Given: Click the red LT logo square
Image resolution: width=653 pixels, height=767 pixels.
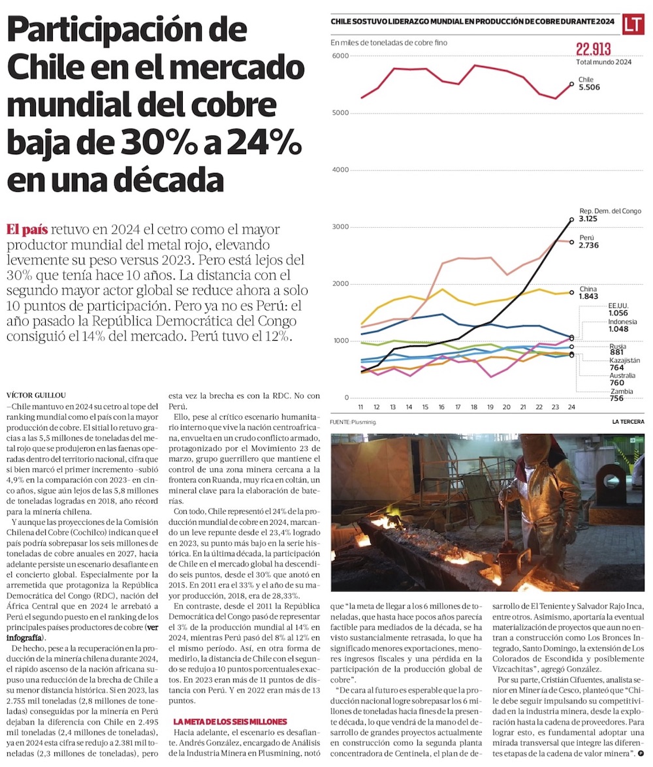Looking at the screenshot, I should (632, 24).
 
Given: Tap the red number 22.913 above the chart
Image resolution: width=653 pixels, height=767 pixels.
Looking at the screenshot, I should (594, 50).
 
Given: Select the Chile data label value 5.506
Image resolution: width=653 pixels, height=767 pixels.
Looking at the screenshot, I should (589, 87).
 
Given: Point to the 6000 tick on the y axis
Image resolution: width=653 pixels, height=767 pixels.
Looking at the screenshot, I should (340, 56).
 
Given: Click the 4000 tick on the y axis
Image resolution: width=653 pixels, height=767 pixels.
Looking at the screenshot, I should (340, 170).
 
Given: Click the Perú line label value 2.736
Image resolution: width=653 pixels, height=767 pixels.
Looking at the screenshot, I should (592, 247).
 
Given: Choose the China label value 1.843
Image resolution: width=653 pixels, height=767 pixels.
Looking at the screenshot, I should (592, 297).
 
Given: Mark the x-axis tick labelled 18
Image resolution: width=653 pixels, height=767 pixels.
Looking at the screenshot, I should (473, 407).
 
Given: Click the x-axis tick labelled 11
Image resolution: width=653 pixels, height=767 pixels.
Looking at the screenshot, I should (361, 407).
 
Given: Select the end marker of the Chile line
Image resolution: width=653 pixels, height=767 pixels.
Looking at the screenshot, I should (571, 84).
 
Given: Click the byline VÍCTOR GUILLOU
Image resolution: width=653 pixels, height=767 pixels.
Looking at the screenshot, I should (37, 394).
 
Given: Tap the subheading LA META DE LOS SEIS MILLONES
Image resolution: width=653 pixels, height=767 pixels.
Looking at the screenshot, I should (230, 721).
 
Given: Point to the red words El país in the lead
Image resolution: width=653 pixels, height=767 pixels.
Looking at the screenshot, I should (27, 230).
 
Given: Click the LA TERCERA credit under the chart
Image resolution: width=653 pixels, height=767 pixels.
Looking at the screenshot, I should (628, 422).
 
